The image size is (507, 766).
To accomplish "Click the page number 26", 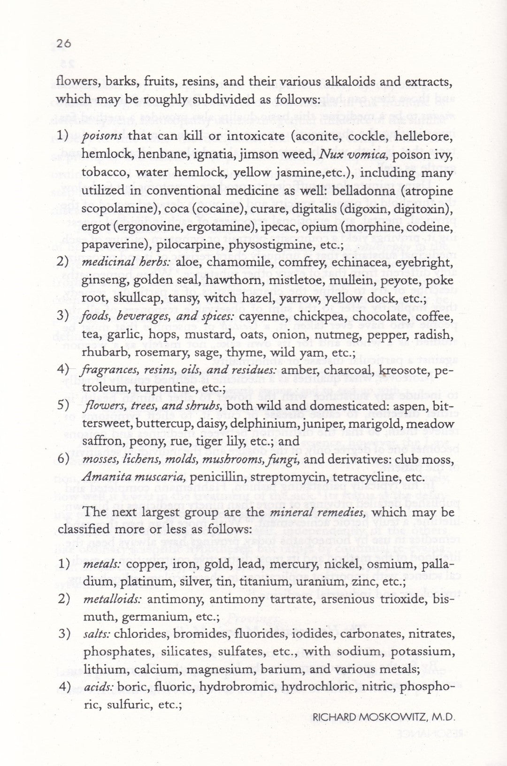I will pos(63,44).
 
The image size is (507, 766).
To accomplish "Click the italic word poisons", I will pos(102,136).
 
